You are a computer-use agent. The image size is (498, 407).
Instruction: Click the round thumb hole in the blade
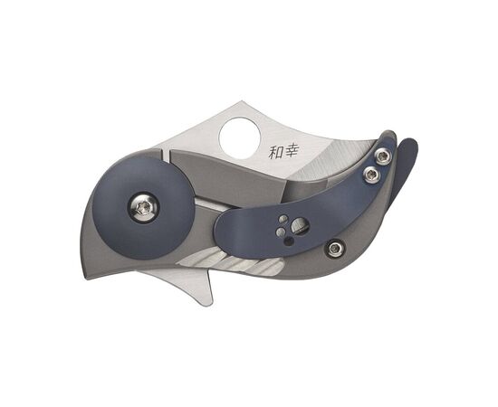pyautogui.click(x=240, y=136)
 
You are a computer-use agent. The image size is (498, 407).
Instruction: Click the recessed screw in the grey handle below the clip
pyautogui.click(x=335, y=245)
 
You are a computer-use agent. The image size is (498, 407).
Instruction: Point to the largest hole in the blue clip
pyautogui.click(x=300, y=225)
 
